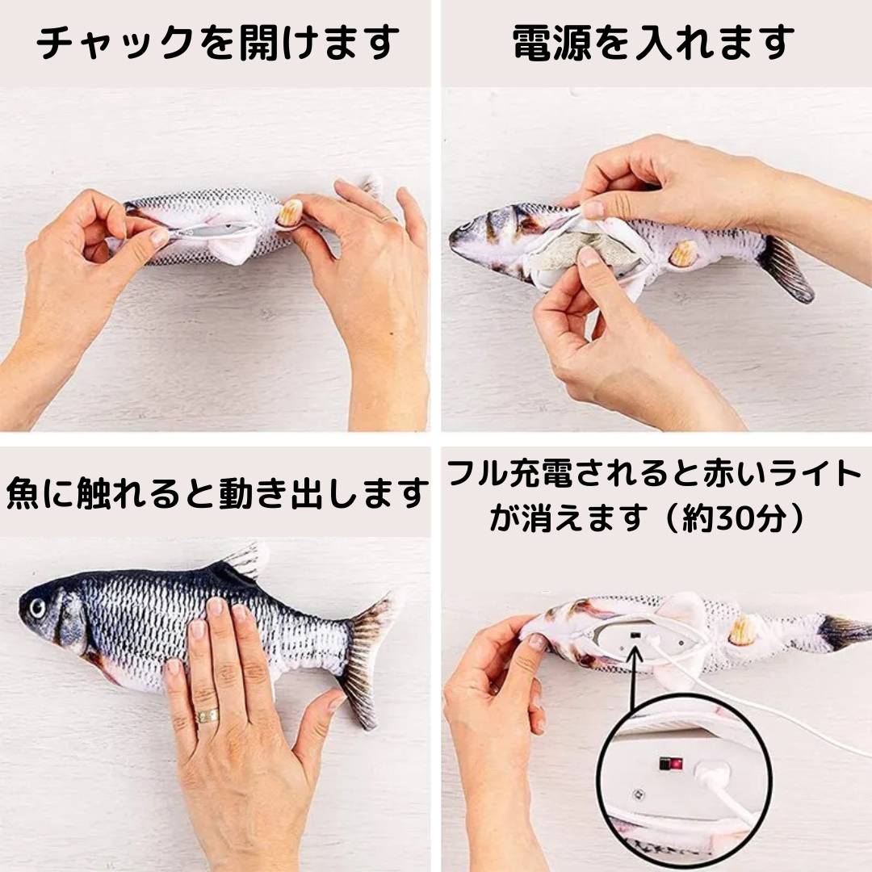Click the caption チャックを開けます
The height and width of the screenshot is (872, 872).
pyautogui.click(x=217, y=44)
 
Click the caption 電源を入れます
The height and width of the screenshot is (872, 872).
pyautogui.click(x=653, y=44)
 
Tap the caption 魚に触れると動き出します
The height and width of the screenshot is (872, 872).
pyautogui.click(x=217, y=493)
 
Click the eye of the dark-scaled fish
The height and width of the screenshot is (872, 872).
pyautogui.click(x=37, y=608)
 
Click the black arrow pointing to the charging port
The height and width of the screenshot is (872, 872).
pyautogui.click(x=634, y=677)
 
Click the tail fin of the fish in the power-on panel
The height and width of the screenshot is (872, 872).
pyautogui.click(x=784, y=268)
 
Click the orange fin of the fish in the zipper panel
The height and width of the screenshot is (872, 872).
pyautogui.click(x=290, y=213)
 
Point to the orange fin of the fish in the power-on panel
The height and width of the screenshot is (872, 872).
pyautogui.click(x=685, y=254)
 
